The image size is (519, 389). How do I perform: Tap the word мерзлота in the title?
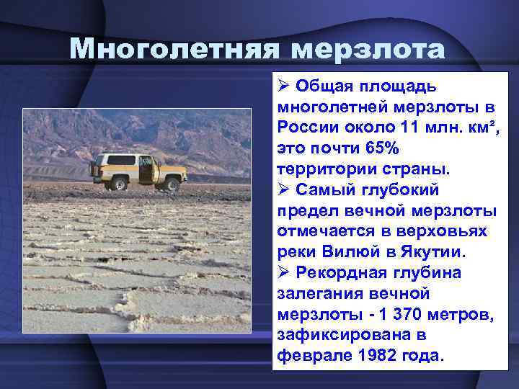pos(371,48)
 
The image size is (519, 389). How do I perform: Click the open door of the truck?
pos(147,170)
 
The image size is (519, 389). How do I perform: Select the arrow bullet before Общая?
pos(283,86)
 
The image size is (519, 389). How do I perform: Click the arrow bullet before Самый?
pos(283,190)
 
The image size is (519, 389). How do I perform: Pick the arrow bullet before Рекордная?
pos(283,274)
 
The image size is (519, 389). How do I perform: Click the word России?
pos(301,128)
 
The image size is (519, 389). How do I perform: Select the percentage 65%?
pos(382,148)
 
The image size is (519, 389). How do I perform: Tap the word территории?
pos(323,169)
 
